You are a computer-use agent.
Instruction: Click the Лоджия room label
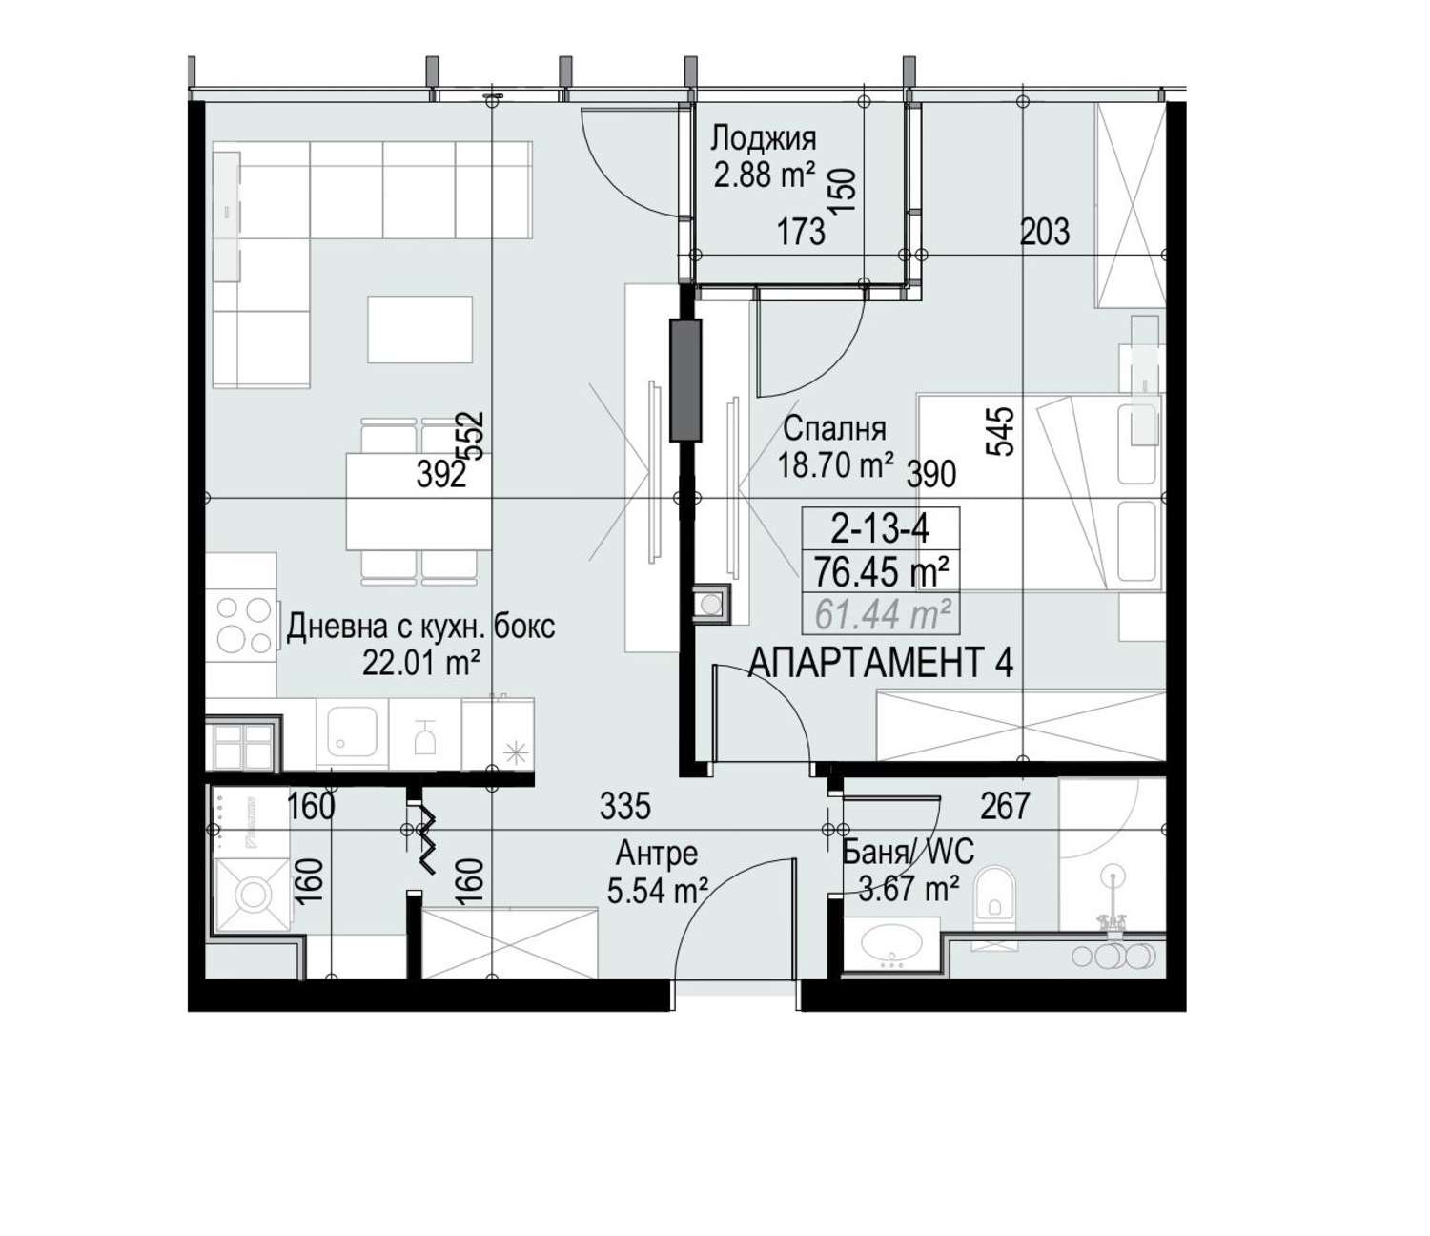763,138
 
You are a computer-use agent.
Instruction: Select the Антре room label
657,854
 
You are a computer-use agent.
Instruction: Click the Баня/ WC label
909,852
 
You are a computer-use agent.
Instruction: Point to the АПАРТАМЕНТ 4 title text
882,662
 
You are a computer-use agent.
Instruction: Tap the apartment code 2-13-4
880,530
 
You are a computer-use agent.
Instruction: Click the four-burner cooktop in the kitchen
243,625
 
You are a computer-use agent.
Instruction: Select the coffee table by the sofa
419,329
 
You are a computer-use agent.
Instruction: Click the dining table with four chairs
419,500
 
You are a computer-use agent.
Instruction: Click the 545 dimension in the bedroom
1001,431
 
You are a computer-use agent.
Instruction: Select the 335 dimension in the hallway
624,806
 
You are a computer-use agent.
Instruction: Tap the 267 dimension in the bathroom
1005,806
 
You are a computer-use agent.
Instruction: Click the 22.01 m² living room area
420,664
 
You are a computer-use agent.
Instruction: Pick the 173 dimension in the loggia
801,232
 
